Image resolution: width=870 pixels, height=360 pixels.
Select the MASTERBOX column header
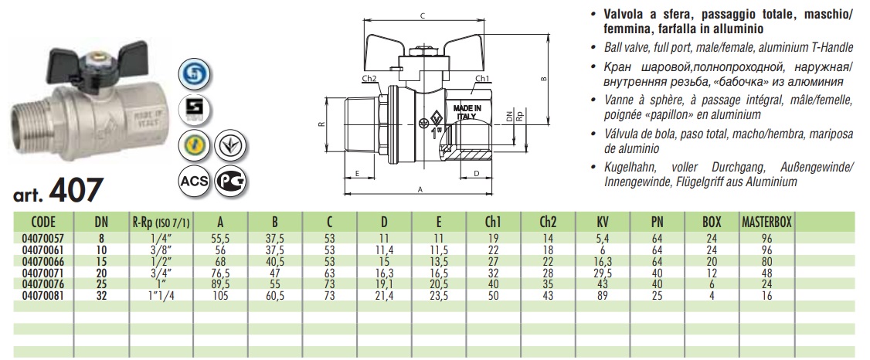pos(766,222)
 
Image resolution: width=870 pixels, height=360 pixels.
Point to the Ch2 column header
pos(548,222)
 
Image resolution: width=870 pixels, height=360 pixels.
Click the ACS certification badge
pos(194,181)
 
